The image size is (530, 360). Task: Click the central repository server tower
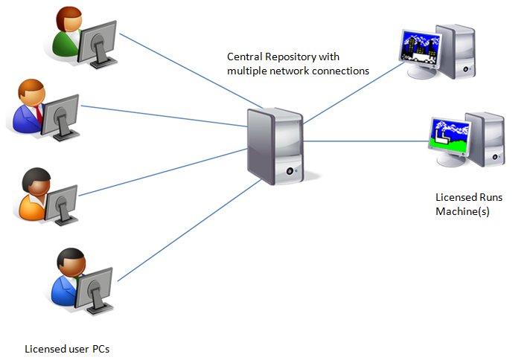[275, 147]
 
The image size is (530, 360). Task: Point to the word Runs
[492, 199]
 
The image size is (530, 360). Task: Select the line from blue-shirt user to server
[179, 231]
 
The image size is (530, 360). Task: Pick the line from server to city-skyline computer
[350, 95]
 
